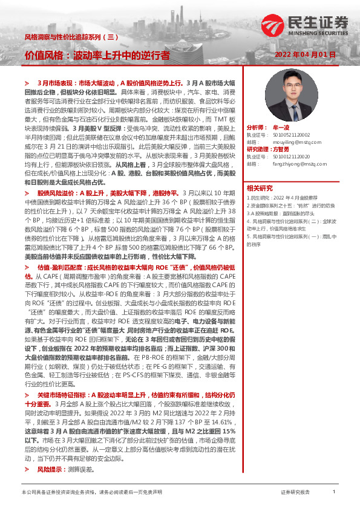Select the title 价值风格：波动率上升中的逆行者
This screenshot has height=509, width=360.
tap(97, 56)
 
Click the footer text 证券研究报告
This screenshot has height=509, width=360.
tap(295, 493)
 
